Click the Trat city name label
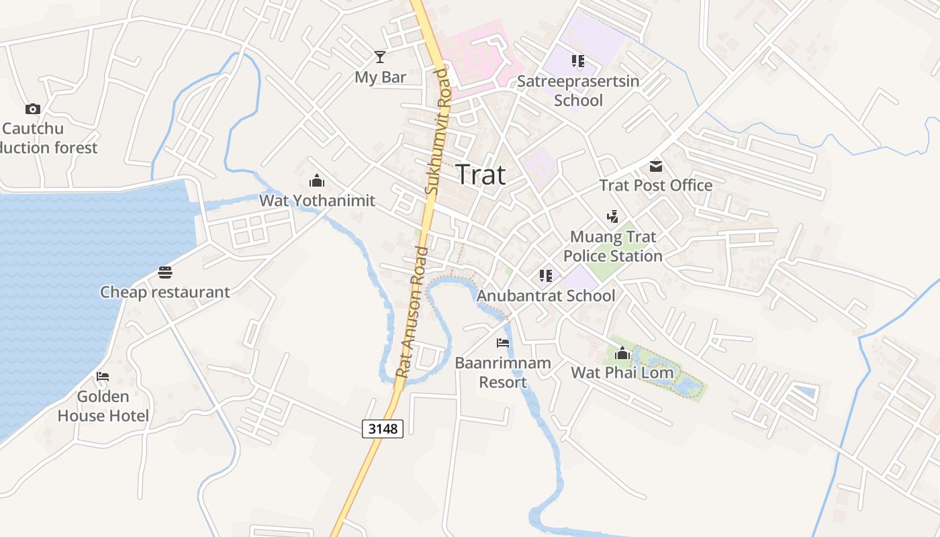(x=481, y=175)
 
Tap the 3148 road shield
(x=383, y=428)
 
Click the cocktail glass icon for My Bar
(x=380, y=57)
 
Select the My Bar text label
(x=380, y=77)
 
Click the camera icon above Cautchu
(x=32, y=109)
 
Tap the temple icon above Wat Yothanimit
(x=317, y=181)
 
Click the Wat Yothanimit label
(x=317, y=201)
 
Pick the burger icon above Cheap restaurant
(x=165, y=272)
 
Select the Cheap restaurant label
(x=165, y=292)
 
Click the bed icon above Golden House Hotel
(x=103, y=377)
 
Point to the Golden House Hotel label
(x=103, y=406)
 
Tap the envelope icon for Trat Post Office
(x=655, y=166)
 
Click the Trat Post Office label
(x=655, y=185)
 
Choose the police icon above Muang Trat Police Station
(x=612, y=217)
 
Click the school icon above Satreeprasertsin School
(x=578, y=61)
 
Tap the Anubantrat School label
(x=546, y=295)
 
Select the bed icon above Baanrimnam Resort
(x=502, y=343)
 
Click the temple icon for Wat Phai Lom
(x=622, y=352)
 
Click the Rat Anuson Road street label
(x=412, y=312)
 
